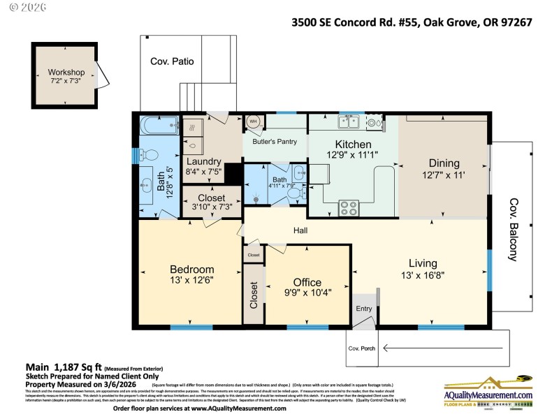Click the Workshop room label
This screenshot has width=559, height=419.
[x=66, y=73]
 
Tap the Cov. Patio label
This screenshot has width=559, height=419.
[x=172, y=61]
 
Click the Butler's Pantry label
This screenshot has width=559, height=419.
[x=275, y=141]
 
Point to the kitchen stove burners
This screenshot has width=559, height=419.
[x=348, y=207]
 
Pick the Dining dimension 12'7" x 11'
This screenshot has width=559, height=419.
[x=442, y=175]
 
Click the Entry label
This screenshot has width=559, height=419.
[x=363, y=309]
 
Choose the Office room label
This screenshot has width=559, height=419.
[x=307, y=282]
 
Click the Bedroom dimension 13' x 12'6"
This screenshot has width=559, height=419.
[x=191, y=279]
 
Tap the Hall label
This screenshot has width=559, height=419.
[x=300, y=230]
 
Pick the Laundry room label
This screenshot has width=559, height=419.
[x=203, y=161]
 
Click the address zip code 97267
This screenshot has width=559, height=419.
[x=515, y=22]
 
